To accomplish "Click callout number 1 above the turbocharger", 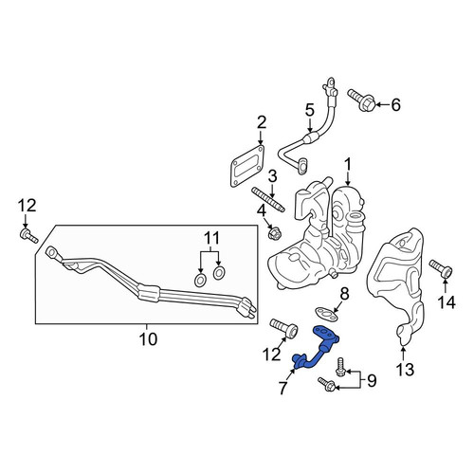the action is (348, 166).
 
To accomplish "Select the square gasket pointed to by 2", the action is (246, 166).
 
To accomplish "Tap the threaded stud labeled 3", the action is (268, 200).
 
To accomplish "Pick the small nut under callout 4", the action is (274, 234).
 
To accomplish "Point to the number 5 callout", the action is (310, 111).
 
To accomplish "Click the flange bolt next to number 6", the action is (362, 100).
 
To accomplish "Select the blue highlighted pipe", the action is (317, 348).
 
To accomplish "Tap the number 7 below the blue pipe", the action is (283, 388).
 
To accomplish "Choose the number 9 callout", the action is (372, 380).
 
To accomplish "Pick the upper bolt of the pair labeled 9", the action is (340, 367).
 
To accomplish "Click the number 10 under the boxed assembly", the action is (148, 339).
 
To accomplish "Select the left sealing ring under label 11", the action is (200, 281).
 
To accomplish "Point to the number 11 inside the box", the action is (210, 238).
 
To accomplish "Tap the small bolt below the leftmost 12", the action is (28, 236).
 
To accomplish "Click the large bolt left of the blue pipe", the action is (283, 328).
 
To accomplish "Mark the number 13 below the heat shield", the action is (405, 369).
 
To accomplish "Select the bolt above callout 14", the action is (441, 269).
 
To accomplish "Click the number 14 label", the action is (447, 302).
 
